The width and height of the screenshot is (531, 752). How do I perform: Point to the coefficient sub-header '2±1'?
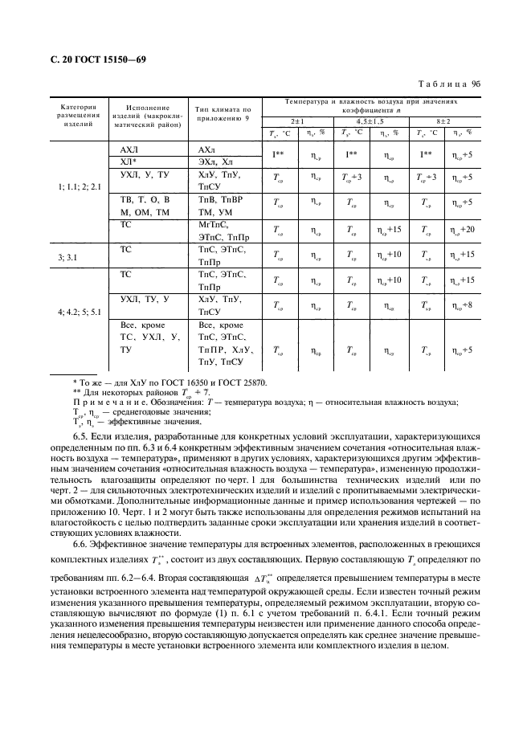(296, 120)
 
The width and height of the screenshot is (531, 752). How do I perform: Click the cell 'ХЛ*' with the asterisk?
(129, 161)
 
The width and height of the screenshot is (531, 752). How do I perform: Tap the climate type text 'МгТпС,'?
(213, 225)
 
